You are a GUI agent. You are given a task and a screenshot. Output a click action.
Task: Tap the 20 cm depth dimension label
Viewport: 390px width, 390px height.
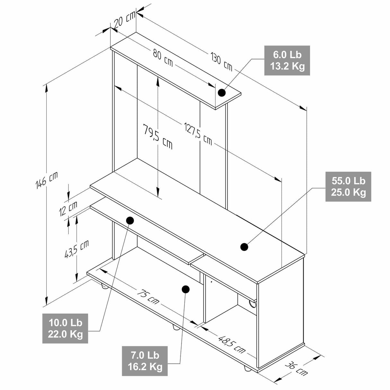coord(124,21)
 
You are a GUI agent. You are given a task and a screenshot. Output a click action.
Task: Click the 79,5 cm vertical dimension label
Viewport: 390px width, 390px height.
coord(157,137)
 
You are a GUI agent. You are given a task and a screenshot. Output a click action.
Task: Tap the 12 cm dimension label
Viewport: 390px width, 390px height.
coord(68,208)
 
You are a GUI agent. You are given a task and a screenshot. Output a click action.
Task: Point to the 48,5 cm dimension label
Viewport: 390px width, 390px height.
coord(232,344)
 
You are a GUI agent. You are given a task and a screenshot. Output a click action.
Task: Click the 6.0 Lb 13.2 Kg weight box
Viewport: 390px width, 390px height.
coord(287,60)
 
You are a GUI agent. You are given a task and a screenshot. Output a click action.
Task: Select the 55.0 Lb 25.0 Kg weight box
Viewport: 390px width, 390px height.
coord(348,187)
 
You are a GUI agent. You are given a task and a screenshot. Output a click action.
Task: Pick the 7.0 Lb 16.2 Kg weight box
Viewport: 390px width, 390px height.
coord(145,361)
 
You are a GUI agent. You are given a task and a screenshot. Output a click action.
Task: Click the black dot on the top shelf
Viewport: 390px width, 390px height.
coord(222,93)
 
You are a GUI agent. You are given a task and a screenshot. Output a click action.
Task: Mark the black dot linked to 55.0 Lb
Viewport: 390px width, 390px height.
coord(244,247)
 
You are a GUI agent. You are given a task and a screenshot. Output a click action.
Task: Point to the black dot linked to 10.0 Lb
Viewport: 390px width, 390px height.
coord(130,220)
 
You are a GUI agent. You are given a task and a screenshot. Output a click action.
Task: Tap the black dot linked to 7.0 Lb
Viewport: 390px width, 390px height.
coord(185,289)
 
